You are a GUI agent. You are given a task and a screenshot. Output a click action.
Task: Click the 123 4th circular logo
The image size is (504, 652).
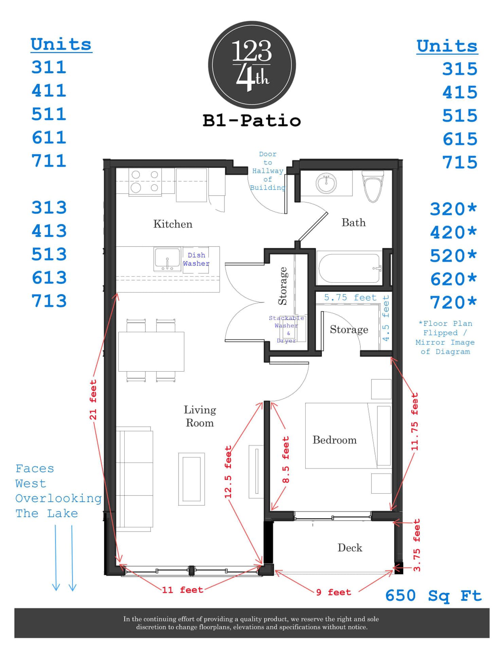[252, 65]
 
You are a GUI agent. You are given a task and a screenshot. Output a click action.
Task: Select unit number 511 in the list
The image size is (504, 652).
[49, 114]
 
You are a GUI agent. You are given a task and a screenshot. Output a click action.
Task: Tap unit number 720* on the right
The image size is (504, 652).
[453, 302]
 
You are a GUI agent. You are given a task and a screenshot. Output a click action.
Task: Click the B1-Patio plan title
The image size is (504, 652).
[252, 121]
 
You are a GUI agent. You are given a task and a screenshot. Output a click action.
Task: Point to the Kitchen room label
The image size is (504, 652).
[173, 224]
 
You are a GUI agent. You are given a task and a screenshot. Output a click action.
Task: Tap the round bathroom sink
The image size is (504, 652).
[326, 183]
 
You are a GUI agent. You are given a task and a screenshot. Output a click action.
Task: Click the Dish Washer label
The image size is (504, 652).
[196, 259]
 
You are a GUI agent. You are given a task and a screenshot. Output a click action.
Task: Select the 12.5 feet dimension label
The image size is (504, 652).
[228, 472]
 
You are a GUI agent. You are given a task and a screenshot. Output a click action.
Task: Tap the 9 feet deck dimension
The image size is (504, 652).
[334, 592]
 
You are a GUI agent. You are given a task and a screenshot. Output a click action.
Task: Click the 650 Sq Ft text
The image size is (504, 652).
[433, 596]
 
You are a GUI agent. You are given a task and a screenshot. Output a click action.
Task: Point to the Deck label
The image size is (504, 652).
[349, 548]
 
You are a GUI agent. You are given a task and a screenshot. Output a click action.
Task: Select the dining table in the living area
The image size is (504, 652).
[151, 351]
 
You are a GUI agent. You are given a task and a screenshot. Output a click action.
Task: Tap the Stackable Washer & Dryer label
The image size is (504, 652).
[287, 329]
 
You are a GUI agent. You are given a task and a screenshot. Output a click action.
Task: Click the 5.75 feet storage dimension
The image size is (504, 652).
[350, 298]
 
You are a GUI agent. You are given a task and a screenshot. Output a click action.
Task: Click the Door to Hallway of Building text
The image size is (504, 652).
[268, 171]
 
